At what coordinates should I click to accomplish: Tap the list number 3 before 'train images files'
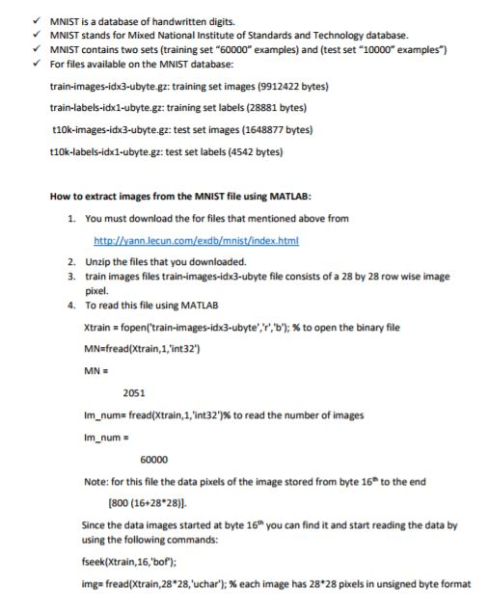[72, 277]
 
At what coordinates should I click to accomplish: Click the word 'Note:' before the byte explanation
[96, 481]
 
